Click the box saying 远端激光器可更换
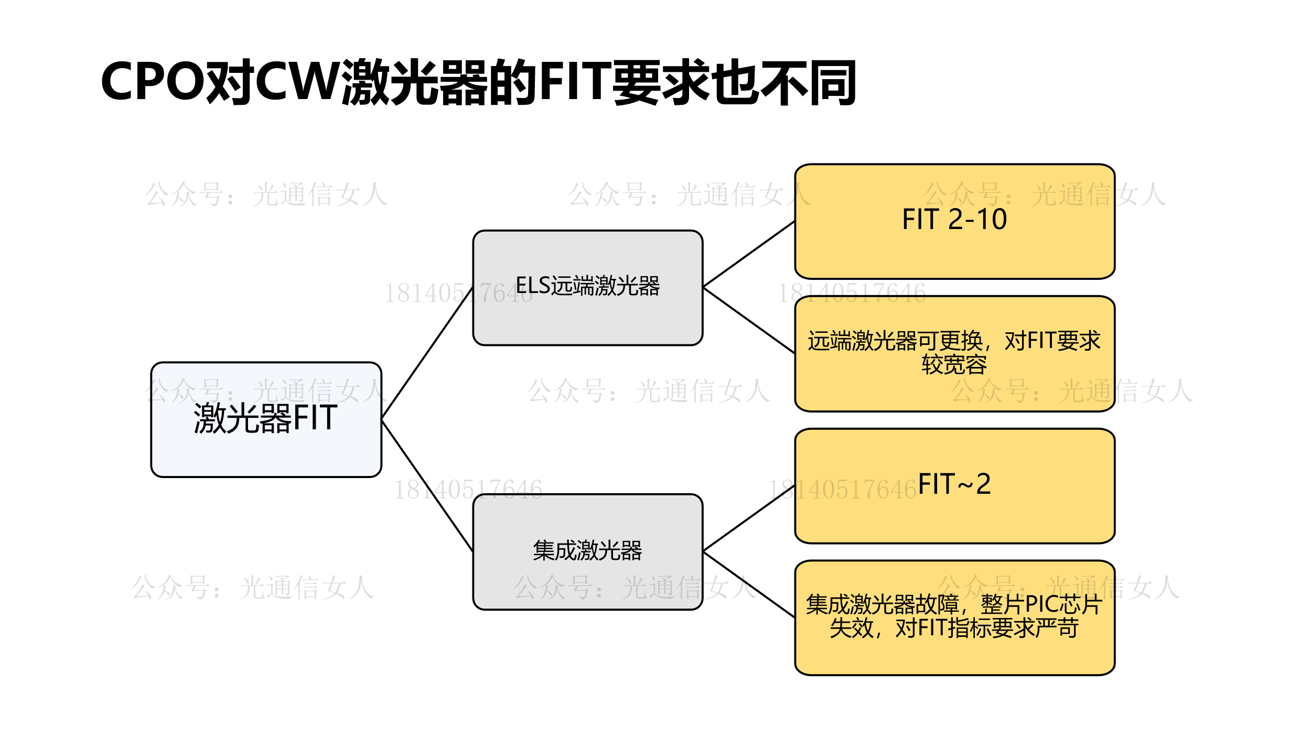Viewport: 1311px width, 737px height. click(954, 388)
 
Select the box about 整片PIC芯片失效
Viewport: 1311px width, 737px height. click(954, 650)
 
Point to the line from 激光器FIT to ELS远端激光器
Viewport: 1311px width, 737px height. click(427, 353)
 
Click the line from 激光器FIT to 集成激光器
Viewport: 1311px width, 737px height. click(427, 485)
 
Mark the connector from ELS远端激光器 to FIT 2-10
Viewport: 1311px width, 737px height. click(748, 255)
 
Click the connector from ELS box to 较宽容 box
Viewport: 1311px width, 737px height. click(748, 320)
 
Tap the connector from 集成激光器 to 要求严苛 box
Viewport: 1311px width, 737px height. click(748, 584)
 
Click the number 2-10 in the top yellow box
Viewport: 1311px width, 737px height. click(977, 219)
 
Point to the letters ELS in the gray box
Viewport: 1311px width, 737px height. click(532, 286)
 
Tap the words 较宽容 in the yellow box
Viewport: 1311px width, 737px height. click(954, 365)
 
